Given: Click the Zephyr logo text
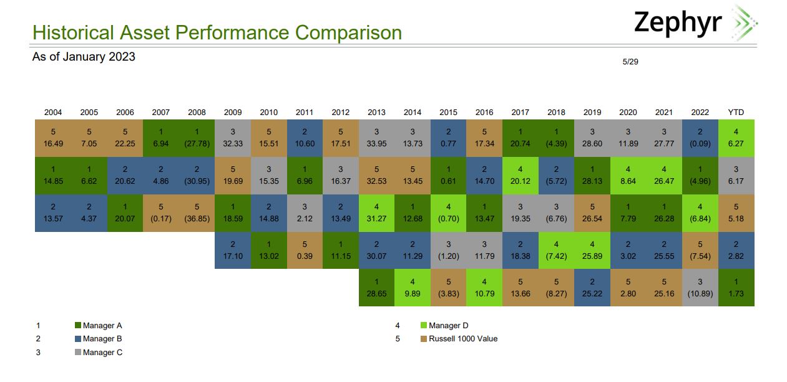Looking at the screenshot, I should (678, 23).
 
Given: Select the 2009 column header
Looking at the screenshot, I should (233, 113).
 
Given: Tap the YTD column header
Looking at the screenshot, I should (736, 113).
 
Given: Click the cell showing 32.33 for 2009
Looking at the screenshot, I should (233, 138).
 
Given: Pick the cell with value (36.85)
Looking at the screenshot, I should (197, 213).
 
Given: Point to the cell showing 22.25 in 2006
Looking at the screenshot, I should (125, 138).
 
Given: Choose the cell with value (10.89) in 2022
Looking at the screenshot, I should (700, 288).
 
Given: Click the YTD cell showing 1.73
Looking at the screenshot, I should (736, 288).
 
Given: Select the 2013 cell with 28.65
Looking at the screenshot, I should (376, 288).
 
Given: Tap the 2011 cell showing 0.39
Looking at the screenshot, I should (305, 250).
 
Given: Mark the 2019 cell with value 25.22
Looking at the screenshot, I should (592, 288).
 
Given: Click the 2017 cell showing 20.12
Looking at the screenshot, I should (521, 175).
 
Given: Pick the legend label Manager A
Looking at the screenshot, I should (102, 326).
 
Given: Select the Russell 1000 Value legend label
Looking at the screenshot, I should (463, 339).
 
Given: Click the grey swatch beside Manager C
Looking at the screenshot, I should (78, 353).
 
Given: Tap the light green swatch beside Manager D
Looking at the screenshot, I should (424, 326).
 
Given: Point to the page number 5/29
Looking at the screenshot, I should (630, 62).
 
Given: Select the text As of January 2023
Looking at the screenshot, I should (84, 57).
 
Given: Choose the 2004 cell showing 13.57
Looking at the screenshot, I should (53, 213).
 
